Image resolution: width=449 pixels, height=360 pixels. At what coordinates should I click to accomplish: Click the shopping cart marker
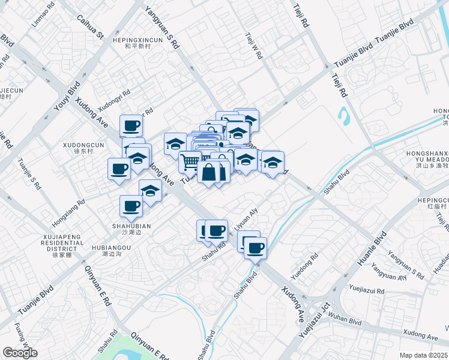click(190, 161)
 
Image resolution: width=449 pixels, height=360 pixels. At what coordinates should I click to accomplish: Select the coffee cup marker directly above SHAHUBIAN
click(131, 206)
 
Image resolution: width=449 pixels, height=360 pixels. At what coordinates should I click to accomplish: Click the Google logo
click(20, 353)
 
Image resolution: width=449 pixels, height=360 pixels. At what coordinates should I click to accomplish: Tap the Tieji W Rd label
click(254, 44)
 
